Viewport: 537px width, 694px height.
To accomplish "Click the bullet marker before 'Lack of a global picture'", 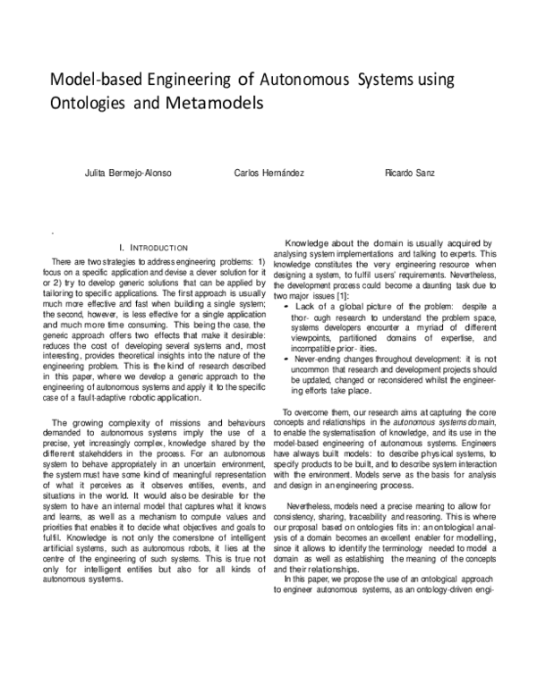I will point(285,306).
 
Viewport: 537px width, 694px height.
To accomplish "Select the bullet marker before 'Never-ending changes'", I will point(285,359).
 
